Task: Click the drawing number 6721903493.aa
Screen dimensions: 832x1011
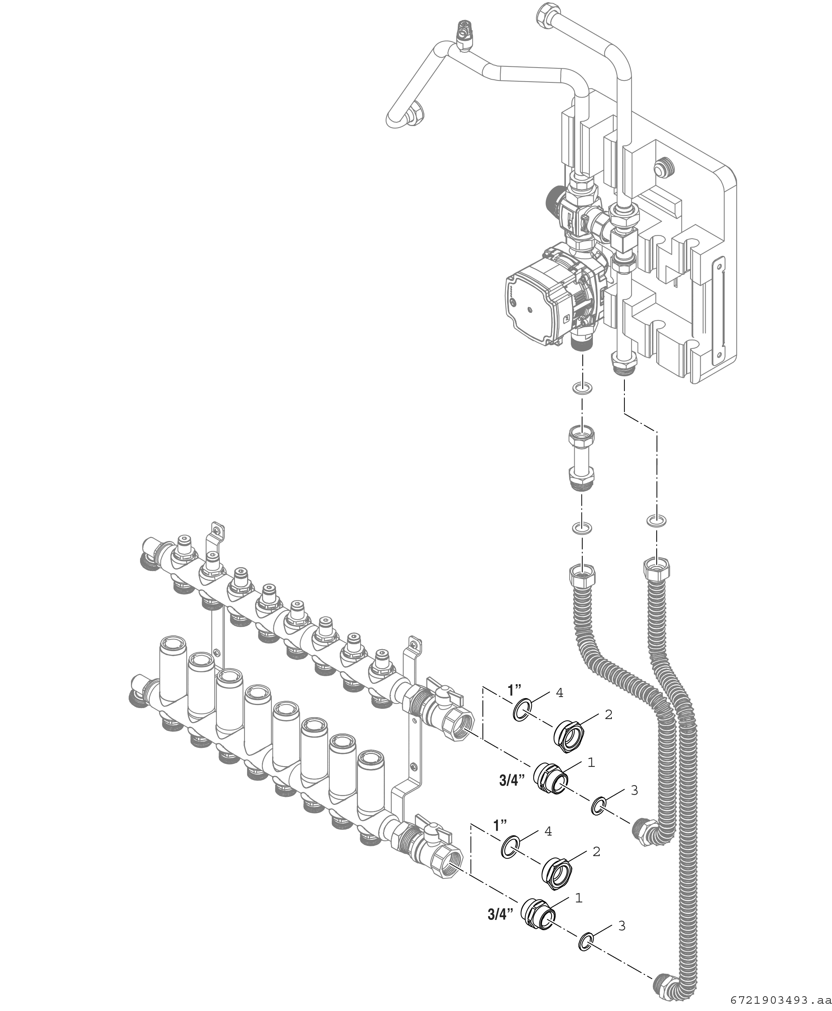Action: (x=781, y=1000)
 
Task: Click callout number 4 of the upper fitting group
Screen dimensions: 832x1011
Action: (x=559, y=693)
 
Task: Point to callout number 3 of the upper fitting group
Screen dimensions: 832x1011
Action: (x=634, y=790)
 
